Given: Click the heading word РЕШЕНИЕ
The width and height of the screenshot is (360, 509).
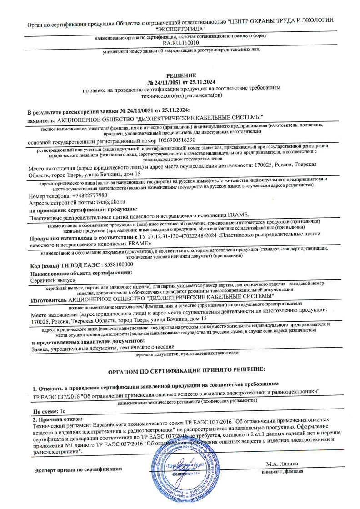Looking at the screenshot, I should point(181,75).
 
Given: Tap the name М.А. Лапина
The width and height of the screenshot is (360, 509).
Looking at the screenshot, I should point(282,464).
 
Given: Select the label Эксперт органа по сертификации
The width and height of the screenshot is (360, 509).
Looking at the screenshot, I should point(79,469).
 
